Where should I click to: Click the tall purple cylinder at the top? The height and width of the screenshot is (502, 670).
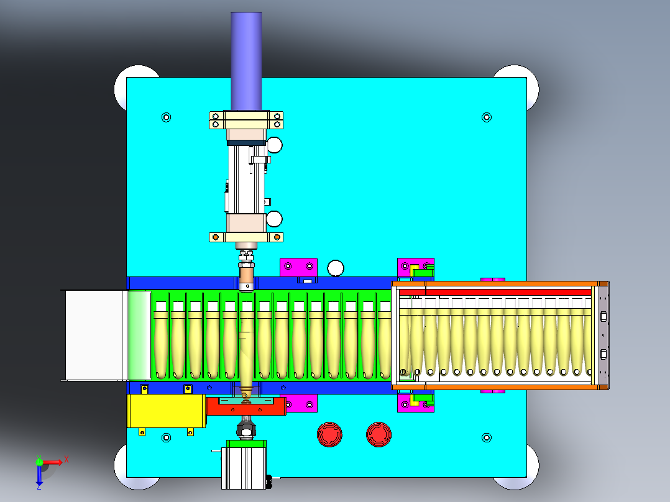click(246, 61)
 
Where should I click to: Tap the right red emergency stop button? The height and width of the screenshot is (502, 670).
click(379, 434)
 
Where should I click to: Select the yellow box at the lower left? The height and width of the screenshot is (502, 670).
click(167, 411)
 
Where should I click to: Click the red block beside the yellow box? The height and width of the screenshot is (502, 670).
click(247, 406)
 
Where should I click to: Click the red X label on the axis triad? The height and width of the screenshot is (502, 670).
click(67, 460)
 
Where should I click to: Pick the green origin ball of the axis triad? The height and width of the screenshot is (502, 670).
click(39, 462)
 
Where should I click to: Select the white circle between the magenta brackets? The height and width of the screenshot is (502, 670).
click(336, 268)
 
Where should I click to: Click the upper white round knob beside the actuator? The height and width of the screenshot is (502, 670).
click(274, 145)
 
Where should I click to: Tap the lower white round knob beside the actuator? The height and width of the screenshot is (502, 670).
click(274, 219)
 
